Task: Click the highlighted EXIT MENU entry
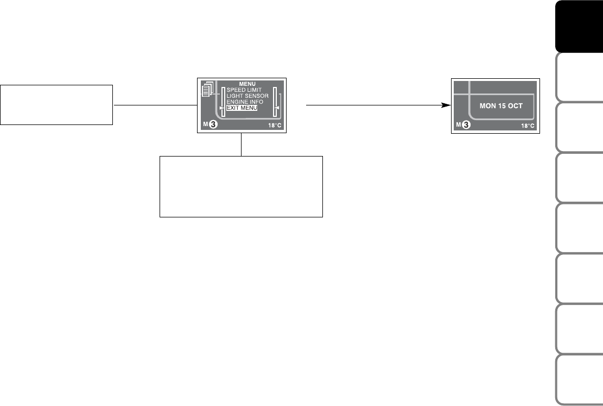[242, 108]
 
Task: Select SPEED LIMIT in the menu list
[244, 90]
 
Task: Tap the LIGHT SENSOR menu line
[247, 96]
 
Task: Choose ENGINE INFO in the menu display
[245, 102]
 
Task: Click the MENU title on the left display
[247, 84]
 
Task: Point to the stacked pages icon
[208, 89]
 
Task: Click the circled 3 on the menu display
[213, 124]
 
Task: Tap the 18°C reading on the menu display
[275, 126]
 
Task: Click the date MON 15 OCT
[501, 106]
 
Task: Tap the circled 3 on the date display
[466, 125]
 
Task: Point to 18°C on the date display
[528, 126]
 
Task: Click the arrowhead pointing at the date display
[446, 105]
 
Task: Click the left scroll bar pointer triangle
[221, 108]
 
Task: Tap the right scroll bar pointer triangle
[276, 108]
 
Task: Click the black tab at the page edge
[579, 26]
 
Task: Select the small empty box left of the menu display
[56, 105]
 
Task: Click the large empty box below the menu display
[241, 186]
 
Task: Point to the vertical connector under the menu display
[241, 145]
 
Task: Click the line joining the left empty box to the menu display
[155, 105]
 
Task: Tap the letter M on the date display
[459, 125]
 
